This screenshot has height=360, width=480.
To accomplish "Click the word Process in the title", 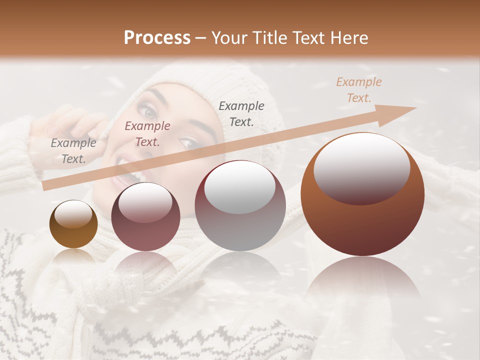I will [157, 38].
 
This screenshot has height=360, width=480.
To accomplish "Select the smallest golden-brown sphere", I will [73, 224].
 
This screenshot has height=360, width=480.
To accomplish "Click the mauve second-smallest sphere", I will [145, 217].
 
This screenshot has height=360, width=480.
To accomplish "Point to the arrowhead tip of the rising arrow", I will [415, 108].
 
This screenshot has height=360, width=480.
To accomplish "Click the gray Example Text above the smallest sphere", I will [73, 151].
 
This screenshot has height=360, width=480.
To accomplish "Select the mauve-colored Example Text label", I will [147, 133].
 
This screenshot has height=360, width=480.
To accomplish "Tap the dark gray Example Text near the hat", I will [241, 113].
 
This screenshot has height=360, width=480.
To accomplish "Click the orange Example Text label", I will [358, 89].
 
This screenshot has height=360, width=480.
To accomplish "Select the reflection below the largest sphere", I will [362, 285].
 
